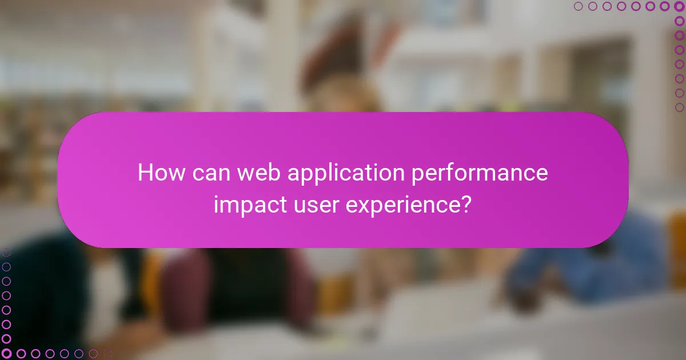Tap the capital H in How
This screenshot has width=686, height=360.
pyautogui.click(x=145, y=173)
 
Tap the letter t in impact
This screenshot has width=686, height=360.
pyautogui.click(x=282, y=205)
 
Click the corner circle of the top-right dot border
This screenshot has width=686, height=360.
pyautogui.click(x=680, y=6)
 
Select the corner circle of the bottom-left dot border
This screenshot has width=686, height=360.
pyautogui.click(x=6, y=354)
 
